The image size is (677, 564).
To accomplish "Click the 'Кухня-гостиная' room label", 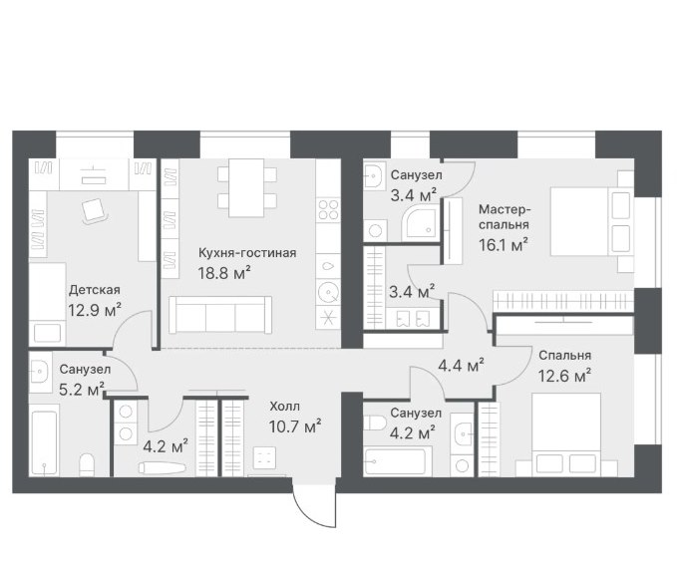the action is tap(247, 253).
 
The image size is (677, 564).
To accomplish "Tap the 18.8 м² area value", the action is tap(224, 273).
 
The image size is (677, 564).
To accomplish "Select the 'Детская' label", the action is tap(94, 290).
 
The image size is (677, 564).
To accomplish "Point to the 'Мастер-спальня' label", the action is tap(505, 217).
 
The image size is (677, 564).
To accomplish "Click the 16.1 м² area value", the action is tap(504, 245).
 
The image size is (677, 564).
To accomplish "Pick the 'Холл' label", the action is tap(284, 407).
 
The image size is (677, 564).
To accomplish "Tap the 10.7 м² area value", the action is tap(295, 426).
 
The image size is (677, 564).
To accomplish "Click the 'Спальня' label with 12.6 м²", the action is tap(564, 356).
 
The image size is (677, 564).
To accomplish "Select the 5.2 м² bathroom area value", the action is tap(82, 390).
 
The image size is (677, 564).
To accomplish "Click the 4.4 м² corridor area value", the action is tap(461, 366).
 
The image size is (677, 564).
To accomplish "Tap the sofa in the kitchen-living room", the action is tap(220, 315).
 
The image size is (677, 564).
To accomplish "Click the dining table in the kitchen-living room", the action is tap(246, 187).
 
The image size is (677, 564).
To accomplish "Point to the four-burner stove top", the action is tap(328, 210).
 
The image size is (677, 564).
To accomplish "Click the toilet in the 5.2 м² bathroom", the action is tap(87, 464).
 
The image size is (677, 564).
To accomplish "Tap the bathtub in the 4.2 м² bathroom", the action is tap(398, 461).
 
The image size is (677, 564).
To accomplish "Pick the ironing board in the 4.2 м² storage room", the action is tap(163, 467).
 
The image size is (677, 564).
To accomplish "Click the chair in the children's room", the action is tap(95, 211).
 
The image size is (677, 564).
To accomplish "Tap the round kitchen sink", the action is tap(328, 293).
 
